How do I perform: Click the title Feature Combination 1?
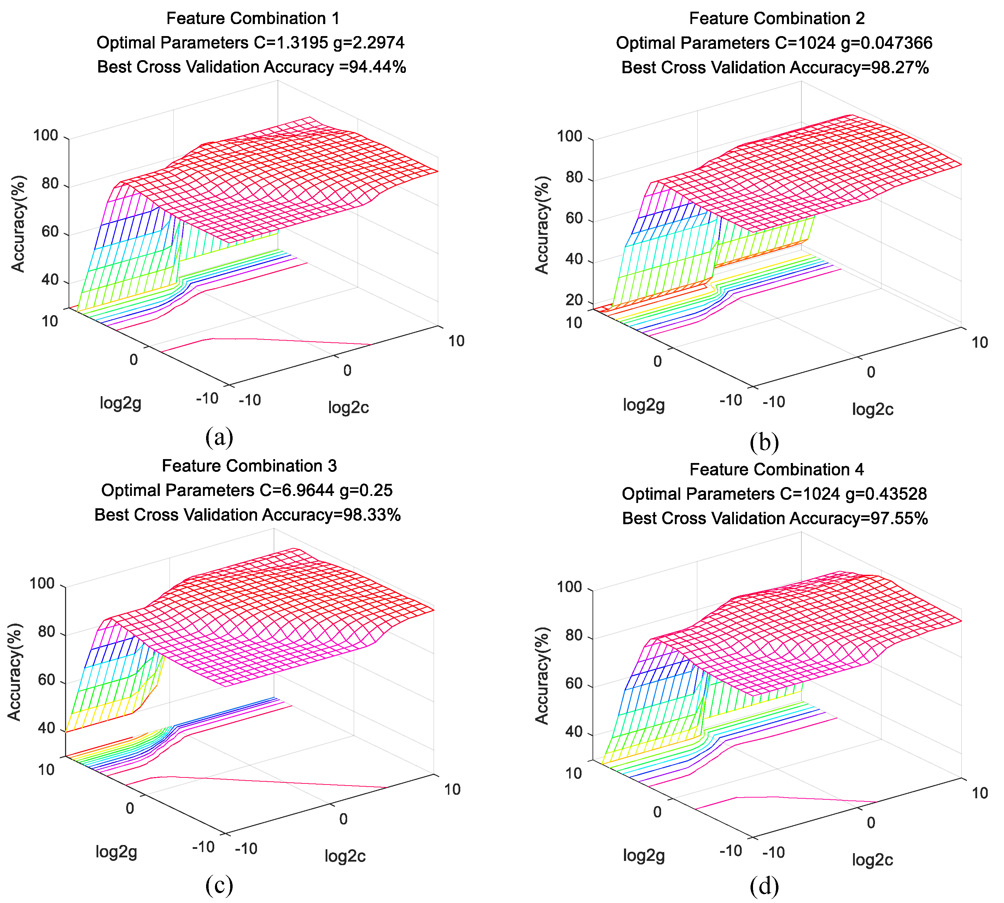pyautogui.click(x=253, y=18)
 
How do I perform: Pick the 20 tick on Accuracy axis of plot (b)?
pyautogui.click(x=574, y=300)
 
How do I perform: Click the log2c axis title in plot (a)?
pyautogui.click(x=348, y=407)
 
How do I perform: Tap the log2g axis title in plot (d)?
pyautogui.click(x=643, y=855)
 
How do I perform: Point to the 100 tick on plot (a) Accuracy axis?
pyautogui.click(x=46, y=135)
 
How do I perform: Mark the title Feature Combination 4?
pyautogui.click(x=776, y=469)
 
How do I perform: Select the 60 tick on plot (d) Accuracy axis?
pyautogui.click(x=574, y=683)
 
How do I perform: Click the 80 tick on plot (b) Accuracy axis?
pyautogui.click(x=574, y=177)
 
